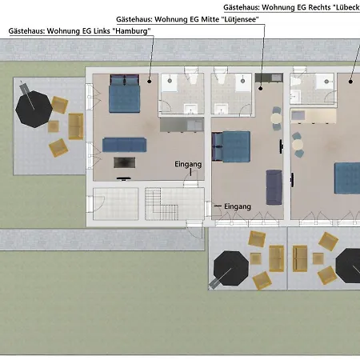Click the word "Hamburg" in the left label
[x=132, y=31]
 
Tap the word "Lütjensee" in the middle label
[x=240, y=19]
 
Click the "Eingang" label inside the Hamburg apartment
[x=188, y=164]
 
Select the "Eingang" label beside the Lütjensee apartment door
[x=238, y=206]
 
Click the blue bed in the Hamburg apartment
[x=125, y=94]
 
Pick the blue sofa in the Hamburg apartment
[x=125, y=145]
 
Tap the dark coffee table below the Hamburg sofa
[x=124, y=162]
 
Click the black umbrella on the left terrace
[x=34, y=110]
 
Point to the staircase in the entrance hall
[x=162, y=204]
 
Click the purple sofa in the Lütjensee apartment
[x=274, y=187]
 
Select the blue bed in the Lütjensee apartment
[x=231, y=146]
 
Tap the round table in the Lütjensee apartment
[x=276, y=118]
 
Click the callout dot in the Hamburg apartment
[x=150, y=81]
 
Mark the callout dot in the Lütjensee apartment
[x=261, y=88]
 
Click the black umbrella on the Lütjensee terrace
[x=231, y=268]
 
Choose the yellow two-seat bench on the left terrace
[x=76, y=126]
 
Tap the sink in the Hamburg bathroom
[x=190, y=109]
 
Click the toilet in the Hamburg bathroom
[x=191, y=75]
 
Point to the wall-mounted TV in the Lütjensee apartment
[x=281, y=146]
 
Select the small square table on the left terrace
[x=54, y=126]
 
